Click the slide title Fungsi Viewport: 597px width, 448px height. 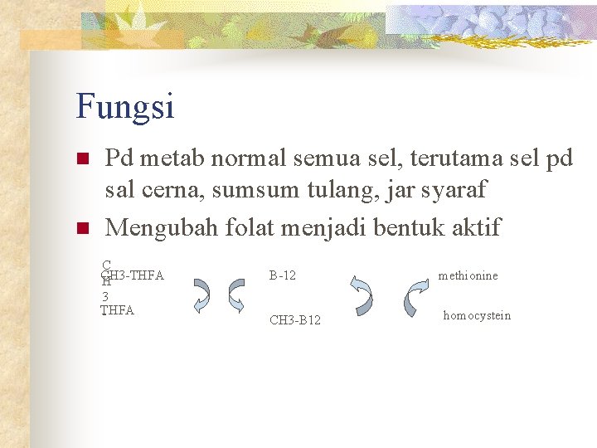click(124, 106)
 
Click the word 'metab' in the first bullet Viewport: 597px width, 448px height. click(177, 158)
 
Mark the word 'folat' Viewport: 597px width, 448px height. click(264, 226)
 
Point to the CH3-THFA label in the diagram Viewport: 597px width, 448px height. click(133, 275)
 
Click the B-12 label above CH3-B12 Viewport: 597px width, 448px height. click(283, 275)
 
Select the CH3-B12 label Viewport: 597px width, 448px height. click(295, 320)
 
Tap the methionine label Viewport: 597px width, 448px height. click(468, 275)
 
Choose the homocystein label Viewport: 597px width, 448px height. click(477, 315)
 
